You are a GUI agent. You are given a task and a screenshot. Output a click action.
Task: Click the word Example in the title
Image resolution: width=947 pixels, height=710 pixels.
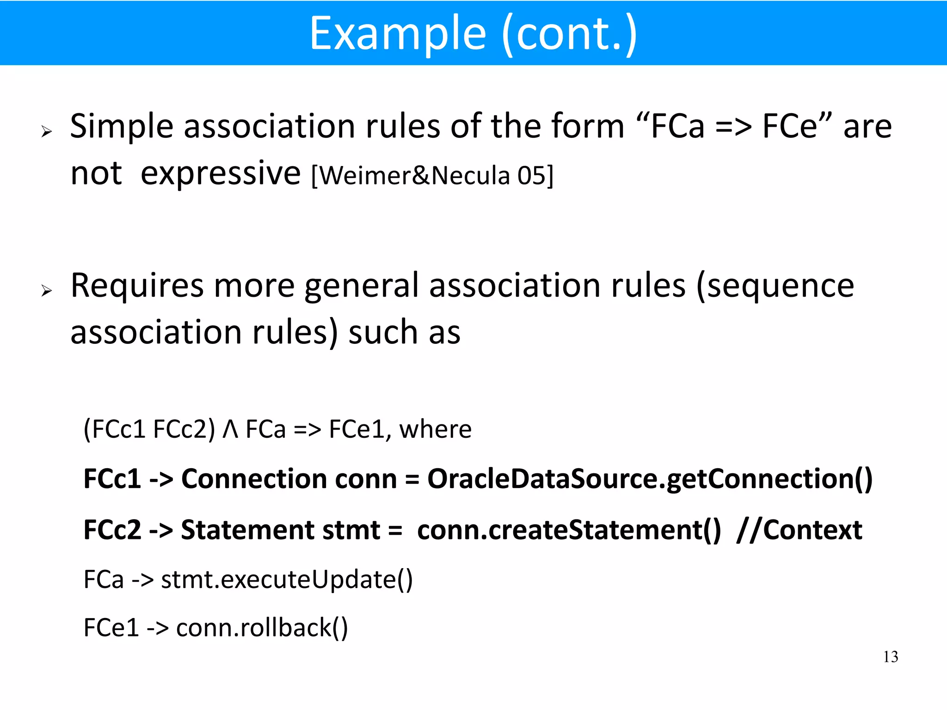pos(398,33)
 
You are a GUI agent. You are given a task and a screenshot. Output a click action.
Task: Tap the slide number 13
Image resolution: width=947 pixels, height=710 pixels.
pos(890,657)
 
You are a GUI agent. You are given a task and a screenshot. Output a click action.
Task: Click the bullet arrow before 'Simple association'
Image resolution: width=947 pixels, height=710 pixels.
pos(46,132)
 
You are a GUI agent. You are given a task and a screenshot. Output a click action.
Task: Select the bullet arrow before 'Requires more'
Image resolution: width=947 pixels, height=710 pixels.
pos(46,291)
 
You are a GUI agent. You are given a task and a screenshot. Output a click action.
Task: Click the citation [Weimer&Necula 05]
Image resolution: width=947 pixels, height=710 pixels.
pos(432,176)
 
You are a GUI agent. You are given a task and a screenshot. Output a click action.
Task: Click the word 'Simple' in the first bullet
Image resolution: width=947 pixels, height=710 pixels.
pos(121,126)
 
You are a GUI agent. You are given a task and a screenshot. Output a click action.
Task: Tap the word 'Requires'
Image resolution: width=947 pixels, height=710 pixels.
pos(137,286)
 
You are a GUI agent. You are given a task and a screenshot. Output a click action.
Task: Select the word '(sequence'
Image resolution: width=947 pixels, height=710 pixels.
pos(775,286)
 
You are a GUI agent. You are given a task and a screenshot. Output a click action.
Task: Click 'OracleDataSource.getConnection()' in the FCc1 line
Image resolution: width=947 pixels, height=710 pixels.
pos(650,479)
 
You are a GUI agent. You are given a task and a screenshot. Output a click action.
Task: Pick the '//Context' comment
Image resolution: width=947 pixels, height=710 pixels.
pos(799,530)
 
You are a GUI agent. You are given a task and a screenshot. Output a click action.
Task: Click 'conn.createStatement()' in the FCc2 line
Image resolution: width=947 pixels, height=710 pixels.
pos(569,530)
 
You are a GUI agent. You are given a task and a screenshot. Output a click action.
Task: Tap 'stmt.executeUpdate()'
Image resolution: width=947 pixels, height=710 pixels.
pos(287,580)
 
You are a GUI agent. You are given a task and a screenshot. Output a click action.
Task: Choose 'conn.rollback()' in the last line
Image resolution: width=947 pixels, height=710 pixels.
pos(262,628)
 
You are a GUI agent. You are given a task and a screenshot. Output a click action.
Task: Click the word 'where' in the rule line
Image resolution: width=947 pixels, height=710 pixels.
pos(435,429)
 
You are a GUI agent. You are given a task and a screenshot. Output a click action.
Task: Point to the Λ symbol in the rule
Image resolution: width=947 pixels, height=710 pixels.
pos(230,429)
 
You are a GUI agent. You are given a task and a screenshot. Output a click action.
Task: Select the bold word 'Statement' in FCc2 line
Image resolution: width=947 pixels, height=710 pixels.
pos(247,530)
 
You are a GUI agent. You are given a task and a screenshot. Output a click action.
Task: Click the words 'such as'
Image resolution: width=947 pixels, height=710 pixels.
pos(404,333)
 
